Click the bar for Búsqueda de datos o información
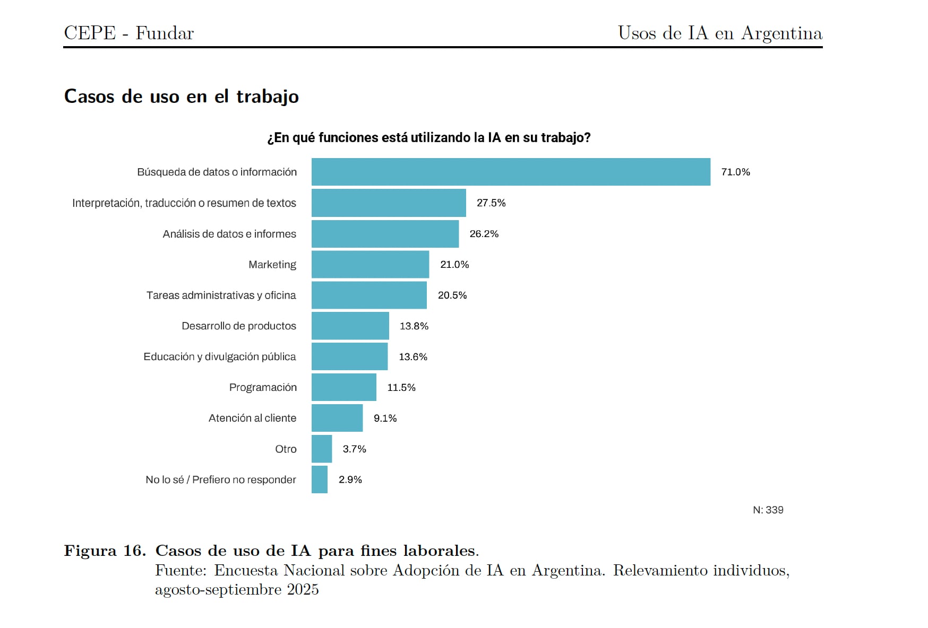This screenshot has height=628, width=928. pos(511,172)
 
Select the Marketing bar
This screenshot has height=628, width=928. pos(370,264)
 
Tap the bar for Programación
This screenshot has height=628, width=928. pos(343,387)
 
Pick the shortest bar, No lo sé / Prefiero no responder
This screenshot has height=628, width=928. pos(320,479)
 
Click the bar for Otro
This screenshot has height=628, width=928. pos(322,449)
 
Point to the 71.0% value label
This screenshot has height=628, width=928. pos(735,172)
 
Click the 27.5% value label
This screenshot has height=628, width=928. pos(491,203)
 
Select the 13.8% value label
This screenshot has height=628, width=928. pos(414,326)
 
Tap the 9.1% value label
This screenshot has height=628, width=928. pos(385,418)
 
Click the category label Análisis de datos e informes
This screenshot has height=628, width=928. pos(229,234)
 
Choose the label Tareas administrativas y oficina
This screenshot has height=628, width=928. pos(221,295)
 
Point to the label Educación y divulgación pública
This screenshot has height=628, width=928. pos(219,356)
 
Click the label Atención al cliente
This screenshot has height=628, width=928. pos(252,418)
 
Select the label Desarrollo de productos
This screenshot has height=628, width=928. pos(238,326)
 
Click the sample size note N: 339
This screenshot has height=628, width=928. pos(768,510)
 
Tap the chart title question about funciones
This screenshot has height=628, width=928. pos(428,138)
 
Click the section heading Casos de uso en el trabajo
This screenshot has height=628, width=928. pos(181,97)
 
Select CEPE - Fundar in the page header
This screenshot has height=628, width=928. pos(129,33)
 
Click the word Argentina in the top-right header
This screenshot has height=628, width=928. pos(781,33)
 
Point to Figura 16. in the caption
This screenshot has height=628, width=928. pos(105,551)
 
